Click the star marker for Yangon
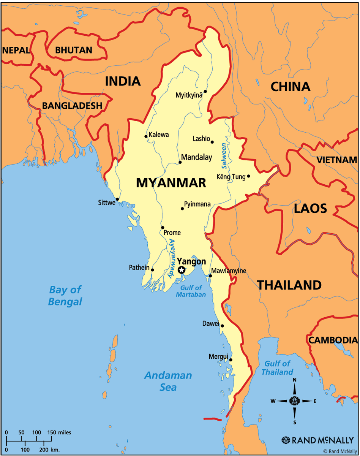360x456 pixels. [182, 270]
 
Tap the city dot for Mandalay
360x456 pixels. [180, 162]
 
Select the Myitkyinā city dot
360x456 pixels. [205, 91]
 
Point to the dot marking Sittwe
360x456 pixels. [117, 199]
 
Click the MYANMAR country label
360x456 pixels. [171, 183]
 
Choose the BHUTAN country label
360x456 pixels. [74, 50]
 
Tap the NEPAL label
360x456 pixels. [16, 50]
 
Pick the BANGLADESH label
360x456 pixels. [72, 106]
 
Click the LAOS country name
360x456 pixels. [310, 208]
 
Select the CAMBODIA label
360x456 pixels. [333, 340]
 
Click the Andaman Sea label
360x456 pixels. [168, 381]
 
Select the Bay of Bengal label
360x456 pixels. [65, 296]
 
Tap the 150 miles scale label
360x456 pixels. [59, 432]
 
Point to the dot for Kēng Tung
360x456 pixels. [248, 176]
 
